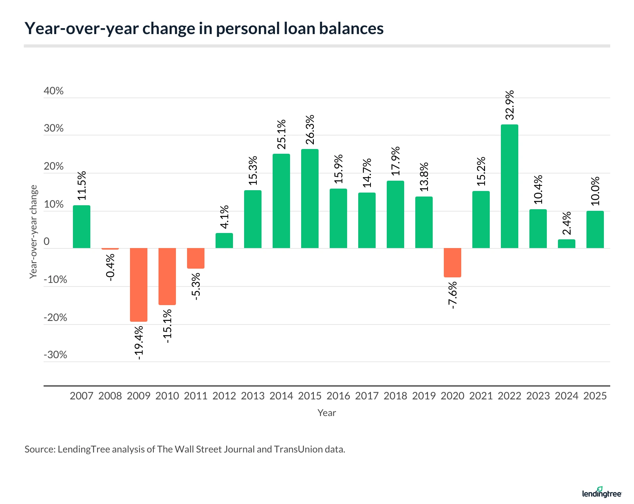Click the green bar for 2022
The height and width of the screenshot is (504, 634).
[509, 186]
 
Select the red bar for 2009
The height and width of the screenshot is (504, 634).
[138, 284]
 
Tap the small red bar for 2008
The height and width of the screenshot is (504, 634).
[110, 249]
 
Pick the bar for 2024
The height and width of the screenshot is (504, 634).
[566, 244]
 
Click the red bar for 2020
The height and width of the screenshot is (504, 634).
[452, 262]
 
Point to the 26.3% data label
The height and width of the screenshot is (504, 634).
[310, 130]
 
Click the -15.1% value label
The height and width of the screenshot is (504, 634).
[167, 326]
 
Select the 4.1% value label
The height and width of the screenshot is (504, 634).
[224, 217]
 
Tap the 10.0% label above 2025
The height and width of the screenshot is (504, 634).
[595, 191]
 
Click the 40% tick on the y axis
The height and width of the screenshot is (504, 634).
[53, 91]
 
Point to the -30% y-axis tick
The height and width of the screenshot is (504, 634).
[55, 355]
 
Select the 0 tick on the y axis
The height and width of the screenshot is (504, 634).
[47, 242]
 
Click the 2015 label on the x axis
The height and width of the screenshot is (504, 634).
[309, 396]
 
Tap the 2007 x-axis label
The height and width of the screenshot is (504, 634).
[81, 396]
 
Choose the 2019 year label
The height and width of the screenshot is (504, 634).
[424, 396]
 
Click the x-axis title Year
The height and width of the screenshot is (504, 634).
[327, 413]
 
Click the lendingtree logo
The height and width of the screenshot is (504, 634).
[602, 493]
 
